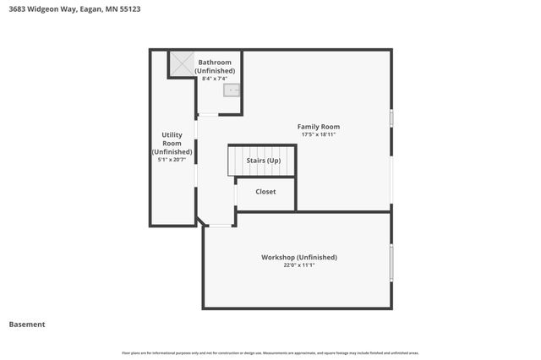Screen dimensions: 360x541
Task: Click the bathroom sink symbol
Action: click(232, 90)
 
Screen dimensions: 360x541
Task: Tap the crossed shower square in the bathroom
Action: click(181, 63)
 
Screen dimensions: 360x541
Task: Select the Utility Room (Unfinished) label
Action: click(172, 143)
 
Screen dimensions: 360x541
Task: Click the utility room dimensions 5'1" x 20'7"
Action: click(172, 160)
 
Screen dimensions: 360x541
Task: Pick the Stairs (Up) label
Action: click(263, 160)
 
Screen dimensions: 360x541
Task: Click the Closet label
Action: click(265, 192)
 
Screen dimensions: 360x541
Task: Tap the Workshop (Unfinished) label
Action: click(298, 257)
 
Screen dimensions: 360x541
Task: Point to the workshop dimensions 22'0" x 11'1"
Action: click(298, 265)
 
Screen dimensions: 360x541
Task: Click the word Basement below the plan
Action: click(26, 325)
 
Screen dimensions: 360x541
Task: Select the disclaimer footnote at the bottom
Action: click(270, 352)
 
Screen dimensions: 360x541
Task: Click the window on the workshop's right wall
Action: click(391, 262)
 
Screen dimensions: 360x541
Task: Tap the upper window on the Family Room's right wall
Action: click(391, 118)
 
